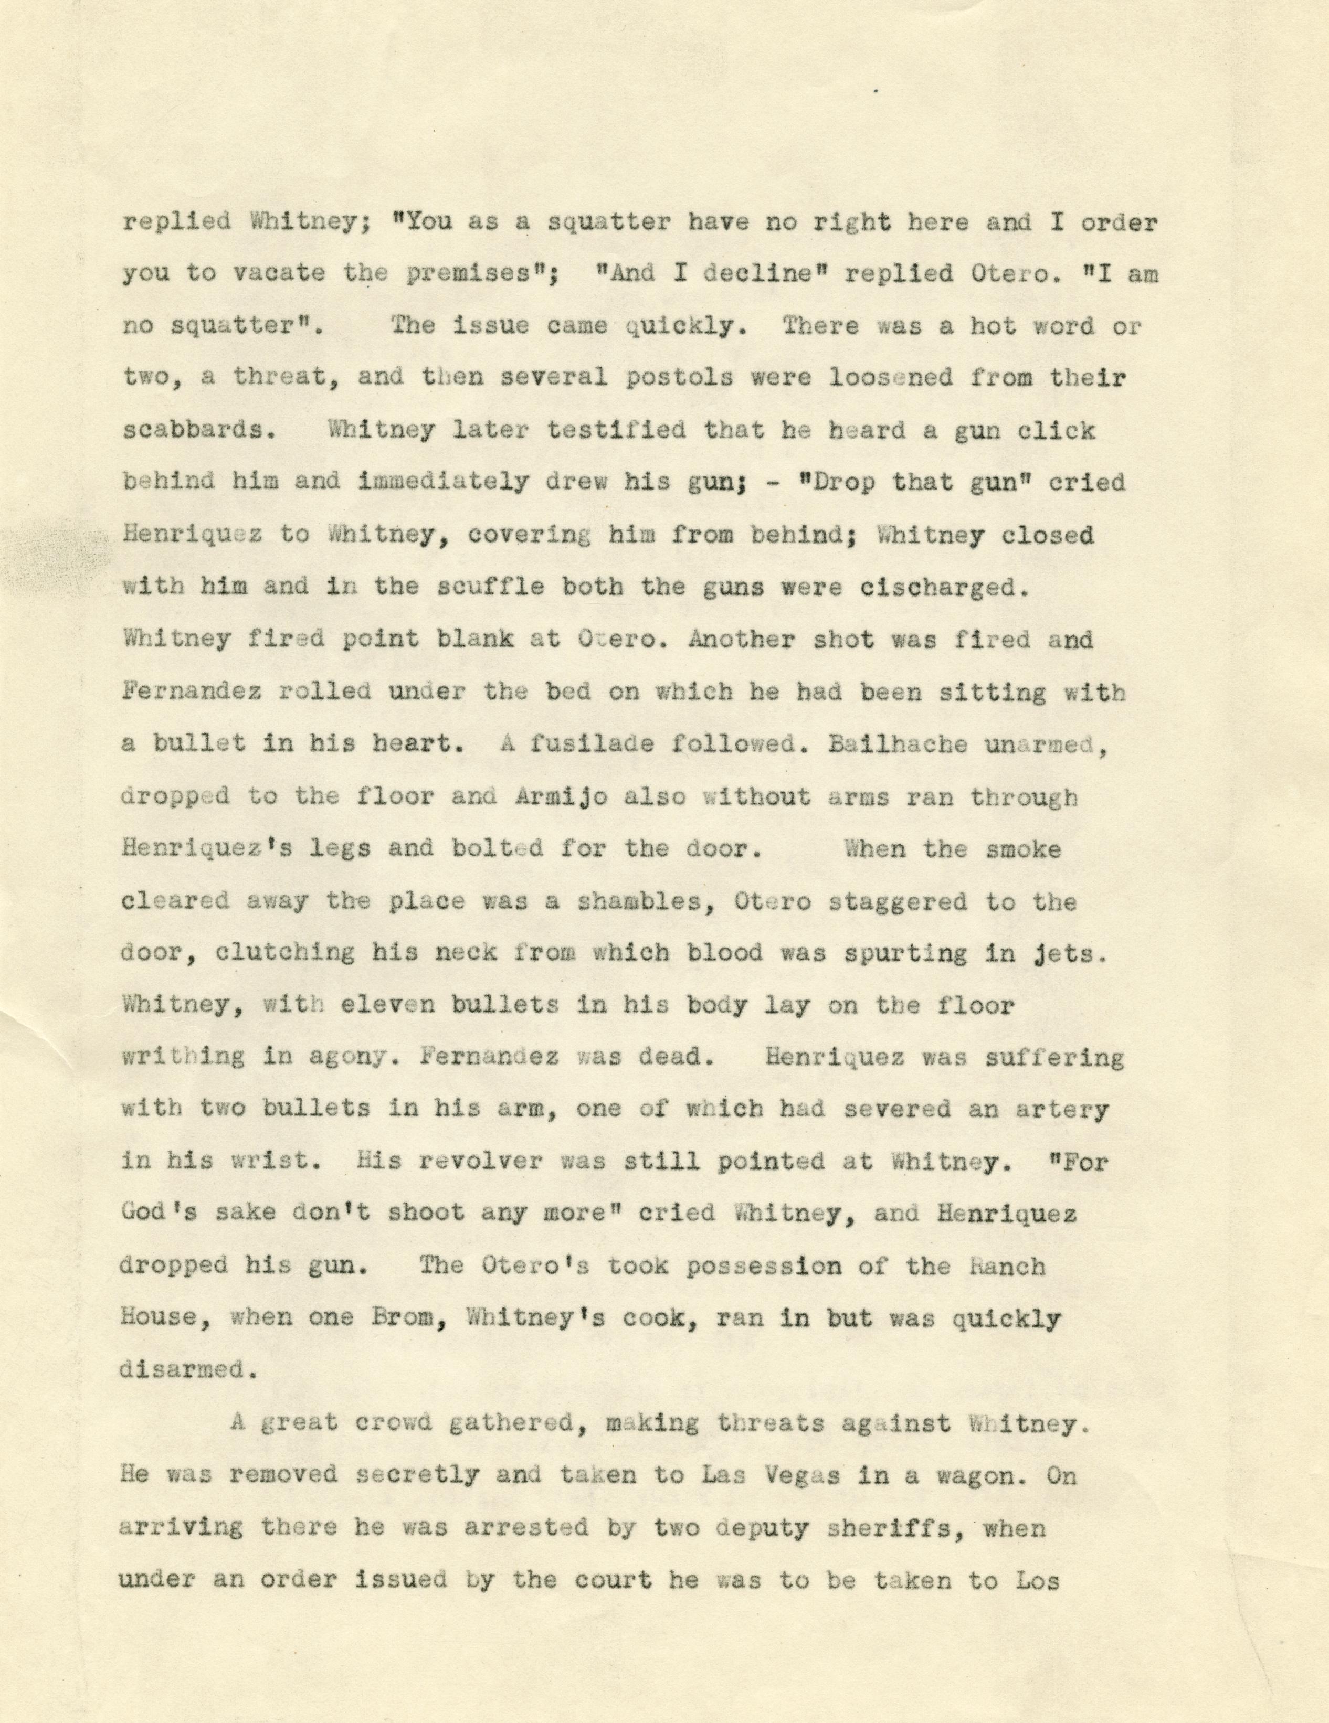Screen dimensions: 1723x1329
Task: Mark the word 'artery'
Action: click(1064, 1109)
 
